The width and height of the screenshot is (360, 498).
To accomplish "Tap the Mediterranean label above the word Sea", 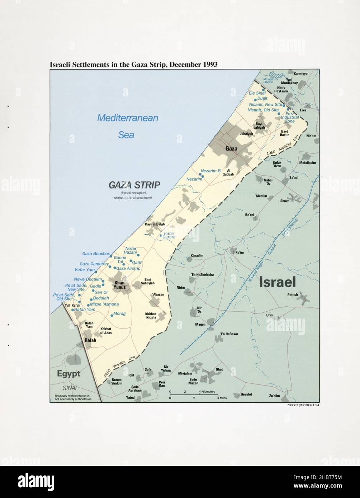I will tap(128, 118).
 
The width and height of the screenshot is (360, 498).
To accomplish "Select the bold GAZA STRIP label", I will tap(134, 185).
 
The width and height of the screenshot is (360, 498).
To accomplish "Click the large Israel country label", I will tap(277, 282).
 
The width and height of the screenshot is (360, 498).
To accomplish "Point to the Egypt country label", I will tap(68, 374).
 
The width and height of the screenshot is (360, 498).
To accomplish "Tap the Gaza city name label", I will tap(231, 148).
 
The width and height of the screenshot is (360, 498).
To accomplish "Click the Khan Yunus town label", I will tap(119, 285).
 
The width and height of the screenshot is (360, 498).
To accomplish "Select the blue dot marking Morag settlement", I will tap(112, 315).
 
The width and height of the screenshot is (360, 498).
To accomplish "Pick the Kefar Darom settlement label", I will tap(169, 235).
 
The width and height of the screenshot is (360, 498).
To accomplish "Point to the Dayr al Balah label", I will tap(155, 224).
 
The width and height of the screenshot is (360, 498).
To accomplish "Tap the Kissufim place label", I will tap(197, 255).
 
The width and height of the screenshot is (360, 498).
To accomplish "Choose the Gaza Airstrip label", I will tap(128, 268).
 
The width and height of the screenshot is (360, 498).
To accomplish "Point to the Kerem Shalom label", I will tap(117, 382).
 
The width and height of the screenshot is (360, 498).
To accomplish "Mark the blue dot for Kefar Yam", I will tap(96, 272).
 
